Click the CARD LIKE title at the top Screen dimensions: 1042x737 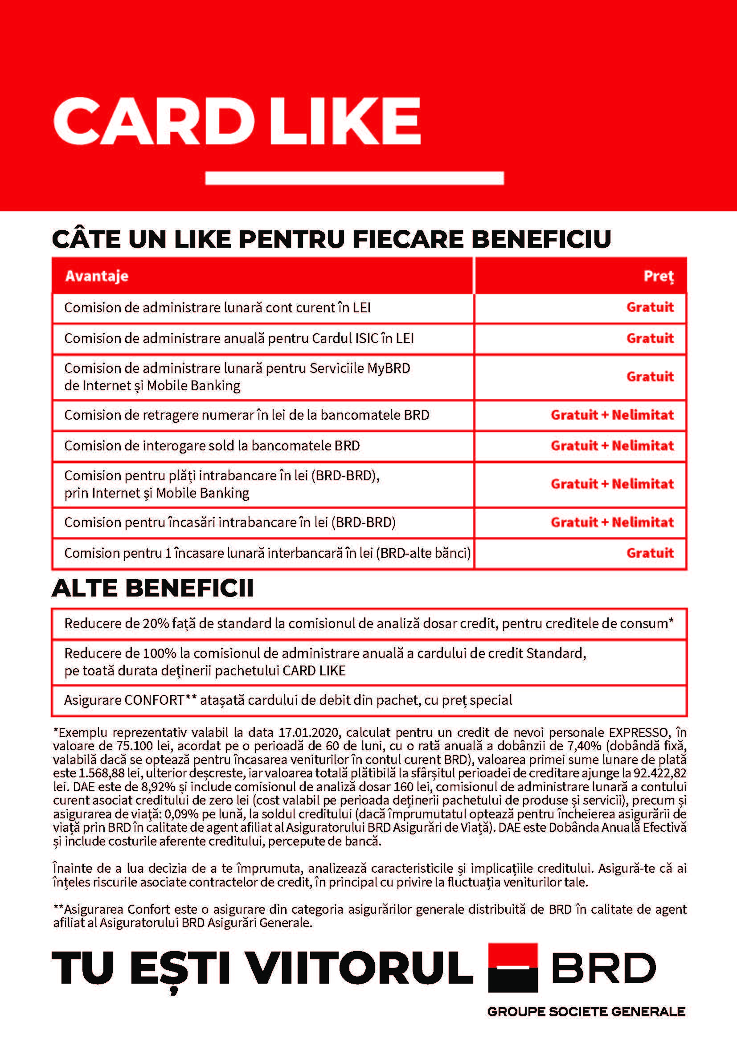tap(237, 121)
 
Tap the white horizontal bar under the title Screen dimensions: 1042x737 tap(354, 177)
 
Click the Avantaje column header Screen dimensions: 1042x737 tap(97, 276)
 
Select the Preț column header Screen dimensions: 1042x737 tap(659, 276)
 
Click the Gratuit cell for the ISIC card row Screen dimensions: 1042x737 tap(650, 338)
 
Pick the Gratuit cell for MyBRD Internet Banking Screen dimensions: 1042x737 tap(650, 377)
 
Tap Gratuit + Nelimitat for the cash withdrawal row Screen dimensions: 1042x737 tap(612, 415)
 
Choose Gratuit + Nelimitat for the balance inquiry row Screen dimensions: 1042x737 tap(612, 445)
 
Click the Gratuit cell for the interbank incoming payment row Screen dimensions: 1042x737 tap(650, 553)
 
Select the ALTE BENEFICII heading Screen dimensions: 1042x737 tap(152, 588)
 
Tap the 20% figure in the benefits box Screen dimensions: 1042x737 tap(156, 624)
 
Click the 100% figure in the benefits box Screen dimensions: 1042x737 tap(159, 654)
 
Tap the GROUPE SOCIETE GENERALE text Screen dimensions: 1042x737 tap(586, 1012)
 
